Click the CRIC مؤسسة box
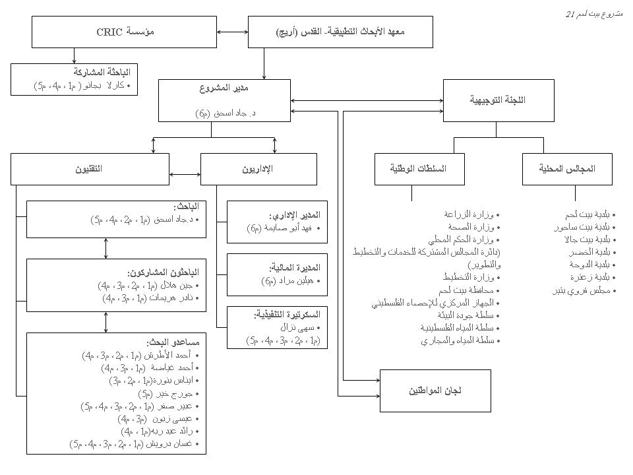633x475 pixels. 125,32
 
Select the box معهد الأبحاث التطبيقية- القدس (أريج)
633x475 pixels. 340,32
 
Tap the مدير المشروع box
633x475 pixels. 224,100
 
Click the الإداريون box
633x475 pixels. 258,169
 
